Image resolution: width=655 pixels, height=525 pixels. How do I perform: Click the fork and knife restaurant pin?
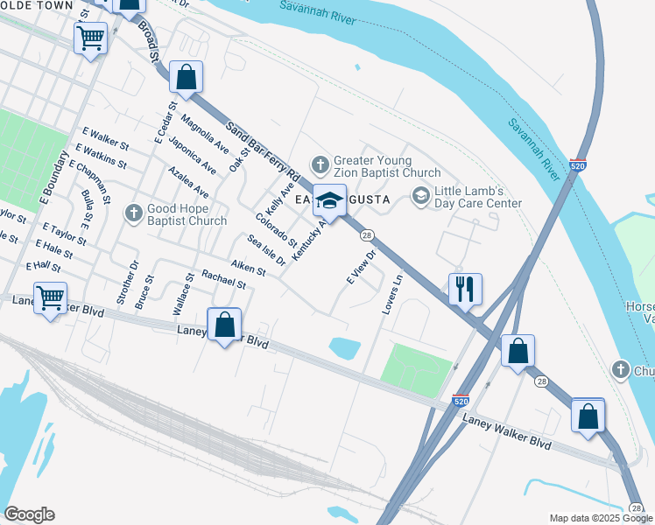click(x=464, y=288)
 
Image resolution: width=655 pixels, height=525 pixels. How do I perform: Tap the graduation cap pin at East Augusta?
click(x=329, y=200)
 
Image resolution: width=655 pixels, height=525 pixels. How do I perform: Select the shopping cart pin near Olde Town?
click(x=91, y=38)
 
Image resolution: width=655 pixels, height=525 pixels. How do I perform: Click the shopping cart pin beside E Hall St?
click(x=51, y=297)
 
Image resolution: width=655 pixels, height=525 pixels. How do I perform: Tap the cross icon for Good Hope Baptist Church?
click(x=133, y=212)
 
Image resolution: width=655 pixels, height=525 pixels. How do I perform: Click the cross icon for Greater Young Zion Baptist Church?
click(x=320, y=164)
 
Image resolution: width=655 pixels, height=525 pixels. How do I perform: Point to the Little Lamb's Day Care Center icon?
click(x=420, y=194)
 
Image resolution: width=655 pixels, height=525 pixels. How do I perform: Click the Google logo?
click(x=29, y=514)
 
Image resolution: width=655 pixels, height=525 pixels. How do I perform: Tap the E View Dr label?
click(x=361, y=268)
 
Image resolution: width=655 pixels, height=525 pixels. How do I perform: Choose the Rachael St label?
click(x=223, y=279)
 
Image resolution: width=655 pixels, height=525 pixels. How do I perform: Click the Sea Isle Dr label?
click(x=266, y=250)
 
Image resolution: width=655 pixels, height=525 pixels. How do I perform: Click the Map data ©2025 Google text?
click(x=600, y=518)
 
